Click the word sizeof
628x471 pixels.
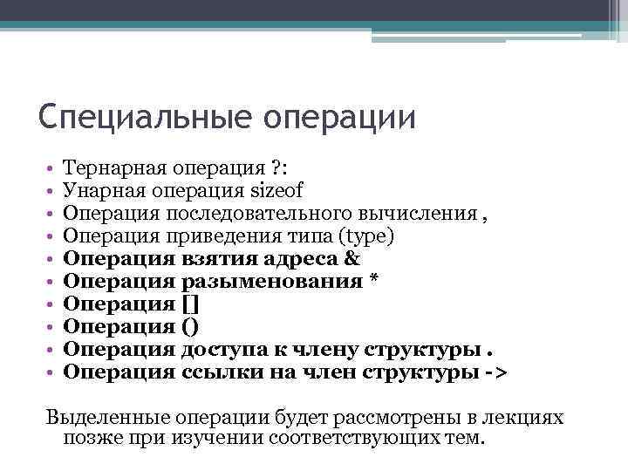pos(275,190)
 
